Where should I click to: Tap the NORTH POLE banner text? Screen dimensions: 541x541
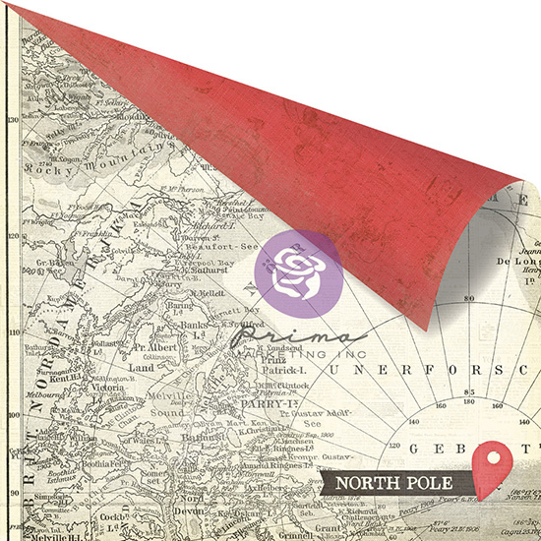tap(392, 483)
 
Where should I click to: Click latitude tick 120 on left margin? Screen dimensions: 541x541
tap(13, 237)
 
